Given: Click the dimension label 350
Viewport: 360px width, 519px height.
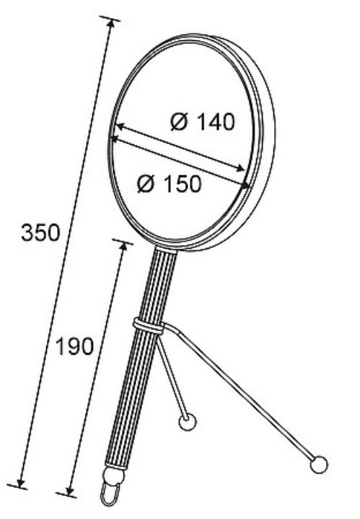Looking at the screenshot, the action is click(40, 233).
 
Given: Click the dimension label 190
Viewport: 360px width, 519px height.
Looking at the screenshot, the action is click(75, 347).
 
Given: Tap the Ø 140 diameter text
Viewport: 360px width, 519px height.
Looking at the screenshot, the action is click(203, 122).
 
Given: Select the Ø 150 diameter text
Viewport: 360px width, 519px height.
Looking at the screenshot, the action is click(169, 184).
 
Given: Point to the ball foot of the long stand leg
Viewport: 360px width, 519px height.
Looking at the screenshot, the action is click(319, 464).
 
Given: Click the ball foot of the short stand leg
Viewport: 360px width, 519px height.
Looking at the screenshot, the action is click(188, 422).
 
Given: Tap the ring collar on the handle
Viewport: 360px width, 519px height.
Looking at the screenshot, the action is click(149, 326).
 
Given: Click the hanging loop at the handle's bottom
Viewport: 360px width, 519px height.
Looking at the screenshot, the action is click(110, 494).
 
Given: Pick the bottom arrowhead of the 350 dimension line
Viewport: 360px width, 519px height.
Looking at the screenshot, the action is click(22, 482).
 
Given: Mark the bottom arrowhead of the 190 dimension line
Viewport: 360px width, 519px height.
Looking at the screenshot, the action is click(69, 490).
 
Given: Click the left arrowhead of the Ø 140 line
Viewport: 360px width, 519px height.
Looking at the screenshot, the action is click(120, 126).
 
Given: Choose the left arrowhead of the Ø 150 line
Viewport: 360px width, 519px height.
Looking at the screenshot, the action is click(116, 139).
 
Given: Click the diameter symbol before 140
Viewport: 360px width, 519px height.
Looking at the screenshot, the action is click(180, 122).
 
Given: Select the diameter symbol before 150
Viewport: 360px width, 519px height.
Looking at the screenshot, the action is click(146, 184).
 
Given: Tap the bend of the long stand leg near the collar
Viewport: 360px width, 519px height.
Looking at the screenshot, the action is click(175, 329).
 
